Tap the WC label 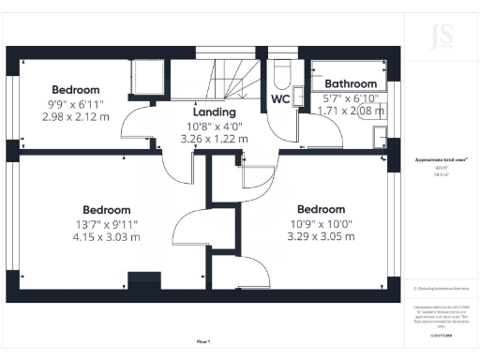click(x=279, y=98)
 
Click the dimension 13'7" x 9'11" click(x=106, y=224)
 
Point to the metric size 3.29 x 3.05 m click(x=321, y=236)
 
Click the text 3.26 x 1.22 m click(x=214, y=139)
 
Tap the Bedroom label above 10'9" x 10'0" click(x=321, y=209)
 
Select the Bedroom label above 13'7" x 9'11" click(x=106, y=210)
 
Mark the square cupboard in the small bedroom click(x=146, y=76)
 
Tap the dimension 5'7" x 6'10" click(x=352, y=97)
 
